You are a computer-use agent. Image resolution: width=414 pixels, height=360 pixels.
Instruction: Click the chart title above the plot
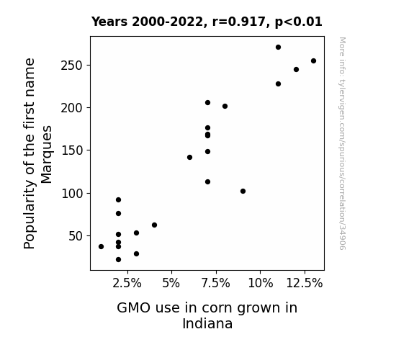[x=207, y=22]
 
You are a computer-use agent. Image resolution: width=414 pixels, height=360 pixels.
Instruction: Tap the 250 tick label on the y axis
[x=72, y=66]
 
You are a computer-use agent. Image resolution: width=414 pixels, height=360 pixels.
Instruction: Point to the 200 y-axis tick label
[x=72, y=108]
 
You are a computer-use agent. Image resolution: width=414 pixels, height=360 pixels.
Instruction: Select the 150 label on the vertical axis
[x=72, y=150]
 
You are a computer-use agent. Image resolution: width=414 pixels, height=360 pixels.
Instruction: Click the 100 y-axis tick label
[x=72, y=194]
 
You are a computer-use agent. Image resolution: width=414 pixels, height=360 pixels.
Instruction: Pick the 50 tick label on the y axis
[x=76, y=236]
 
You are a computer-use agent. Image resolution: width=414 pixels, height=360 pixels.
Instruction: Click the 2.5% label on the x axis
[x=127, y=284]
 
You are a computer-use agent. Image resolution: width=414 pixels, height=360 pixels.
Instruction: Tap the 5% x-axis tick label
[x=171, y=284]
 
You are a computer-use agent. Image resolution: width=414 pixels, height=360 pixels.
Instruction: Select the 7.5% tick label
[x=216, y=284]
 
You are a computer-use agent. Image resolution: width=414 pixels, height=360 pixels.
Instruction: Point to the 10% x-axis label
[x=261, y=284]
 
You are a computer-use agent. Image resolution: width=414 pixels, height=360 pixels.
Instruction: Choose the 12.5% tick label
[x=305, y=284]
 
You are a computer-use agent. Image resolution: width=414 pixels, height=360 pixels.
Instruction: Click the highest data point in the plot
[x=279, y=48]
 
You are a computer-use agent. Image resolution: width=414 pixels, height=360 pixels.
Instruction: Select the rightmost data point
[x=314, y=61]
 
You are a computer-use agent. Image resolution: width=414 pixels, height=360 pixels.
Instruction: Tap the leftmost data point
[x=101, y=247]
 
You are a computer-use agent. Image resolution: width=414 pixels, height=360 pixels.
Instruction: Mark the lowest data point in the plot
[x=119, y=260]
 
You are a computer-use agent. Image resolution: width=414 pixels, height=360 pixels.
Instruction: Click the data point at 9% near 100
[x=243, y=192]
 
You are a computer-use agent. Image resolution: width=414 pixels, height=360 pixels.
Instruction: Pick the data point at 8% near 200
[x=225, y=106]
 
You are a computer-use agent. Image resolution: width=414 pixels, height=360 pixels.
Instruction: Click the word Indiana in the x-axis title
[x=207, y=324]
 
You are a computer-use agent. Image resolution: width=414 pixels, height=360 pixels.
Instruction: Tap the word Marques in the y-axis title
[x=47, y=154]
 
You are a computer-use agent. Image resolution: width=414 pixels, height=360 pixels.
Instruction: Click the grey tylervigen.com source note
[x=342, y=143]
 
